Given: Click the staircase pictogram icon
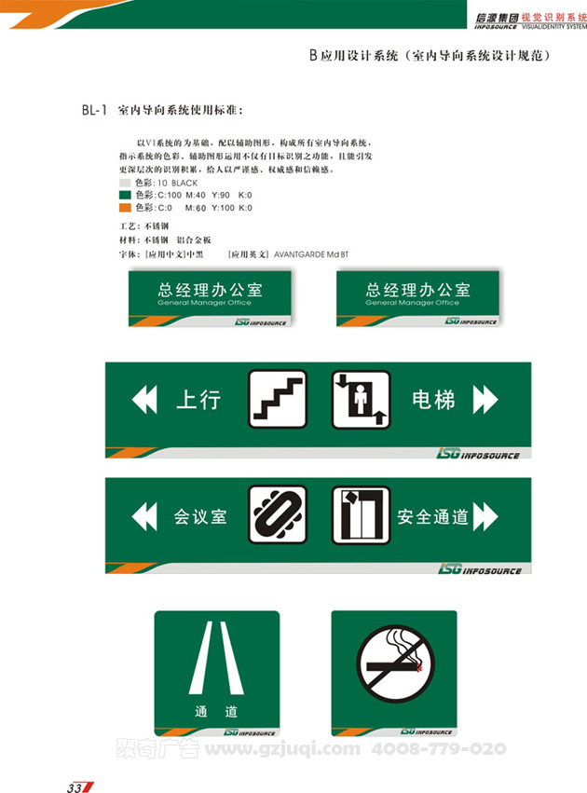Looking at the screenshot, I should [278, 399].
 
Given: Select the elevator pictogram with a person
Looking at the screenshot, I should [361, 399].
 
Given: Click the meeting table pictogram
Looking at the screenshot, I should [278, 514].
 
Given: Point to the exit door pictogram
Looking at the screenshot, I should [361, 514].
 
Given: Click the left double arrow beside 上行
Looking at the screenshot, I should [145, 400].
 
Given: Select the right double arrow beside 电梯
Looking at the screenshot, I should [485, 400].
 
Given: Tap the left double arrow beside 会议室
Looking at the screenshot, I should [145, 515].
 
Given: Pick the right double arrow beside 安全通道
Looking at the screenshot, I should [485, 515].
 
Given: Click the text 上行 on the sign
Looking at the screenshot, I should [198, 400].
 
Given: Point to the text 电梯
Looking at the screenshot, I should [433, 400].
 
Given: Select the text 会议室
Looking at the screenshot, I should [200, 515].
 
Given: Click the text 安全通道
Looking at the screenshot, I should [432, 515].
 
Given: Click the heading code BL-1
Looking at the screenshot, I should [97, 111].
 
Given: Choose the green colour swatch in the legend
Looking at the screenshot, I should [125, 196].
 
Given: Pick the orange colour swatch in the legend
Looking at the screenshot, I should [125, 208].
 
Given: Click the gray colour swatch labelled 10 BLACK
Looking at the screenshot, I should [125, 184].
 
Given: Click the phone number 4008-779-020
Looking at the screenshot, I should [438, 748].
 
